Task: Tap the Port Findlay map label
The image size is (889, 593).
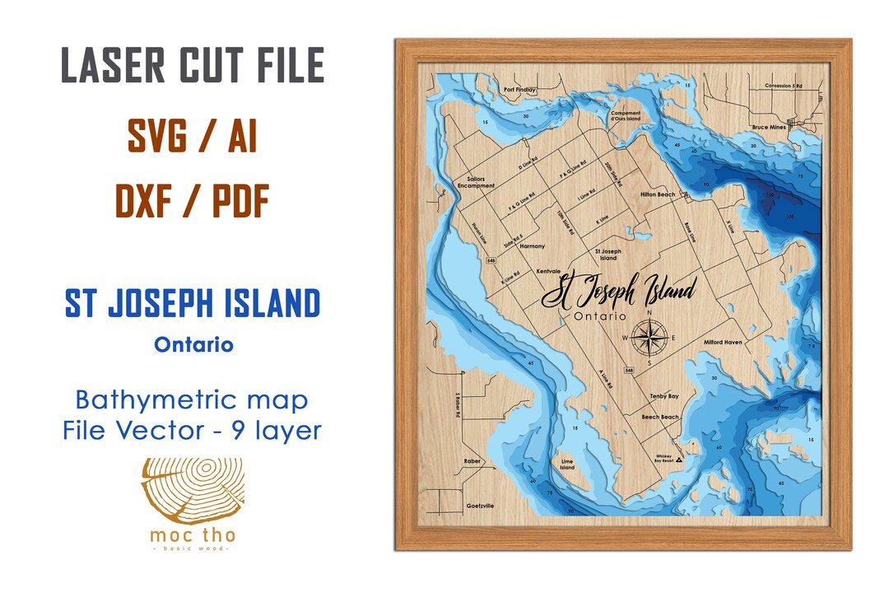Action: pyautogui.click(x=520, y=89)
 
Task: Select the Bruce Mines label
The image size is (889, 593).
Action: pyautogui.click(x=770, y=128)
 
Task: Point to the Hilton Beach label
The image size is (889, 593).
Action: pyautogui.click(x=657, y=194)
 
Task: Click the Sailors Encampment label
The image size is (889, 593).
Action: pyautogui.click(x=481, y=182)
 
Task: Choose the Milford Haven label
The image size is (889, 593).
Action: pyautogui.click(x=723, y=341)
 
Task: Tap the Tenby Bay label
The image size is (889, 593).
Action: pyautogui.click(x=663, y=396)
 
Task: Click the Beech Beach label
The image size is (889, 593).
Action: pyautogui.click(x=660, y=417)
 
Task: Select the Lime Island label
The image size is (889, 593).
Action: pyautogui.click(x=567, y=465)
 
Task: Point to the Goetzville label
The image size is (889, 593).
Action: pyautogui.click(x=480, y=506)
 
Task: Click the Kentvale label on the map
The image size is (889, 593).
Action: pyautogui.click(x=548, y=270)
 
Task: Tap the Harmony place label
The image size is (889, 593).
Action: pyautogui.click(x=533, y=246)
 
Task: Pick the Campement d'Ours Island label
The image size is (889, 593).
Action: pyautogui.click(x=626, y=116)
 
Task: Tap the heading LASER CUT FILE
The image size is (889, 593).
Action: pyautogui.click(x=193, y=66)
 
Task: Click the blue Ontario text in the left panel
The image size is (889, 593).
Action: pyautogui.click(x=193, y=344)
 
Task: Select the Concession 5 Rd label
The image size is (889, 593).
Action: pyautogui.click(x=783, y=86)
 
